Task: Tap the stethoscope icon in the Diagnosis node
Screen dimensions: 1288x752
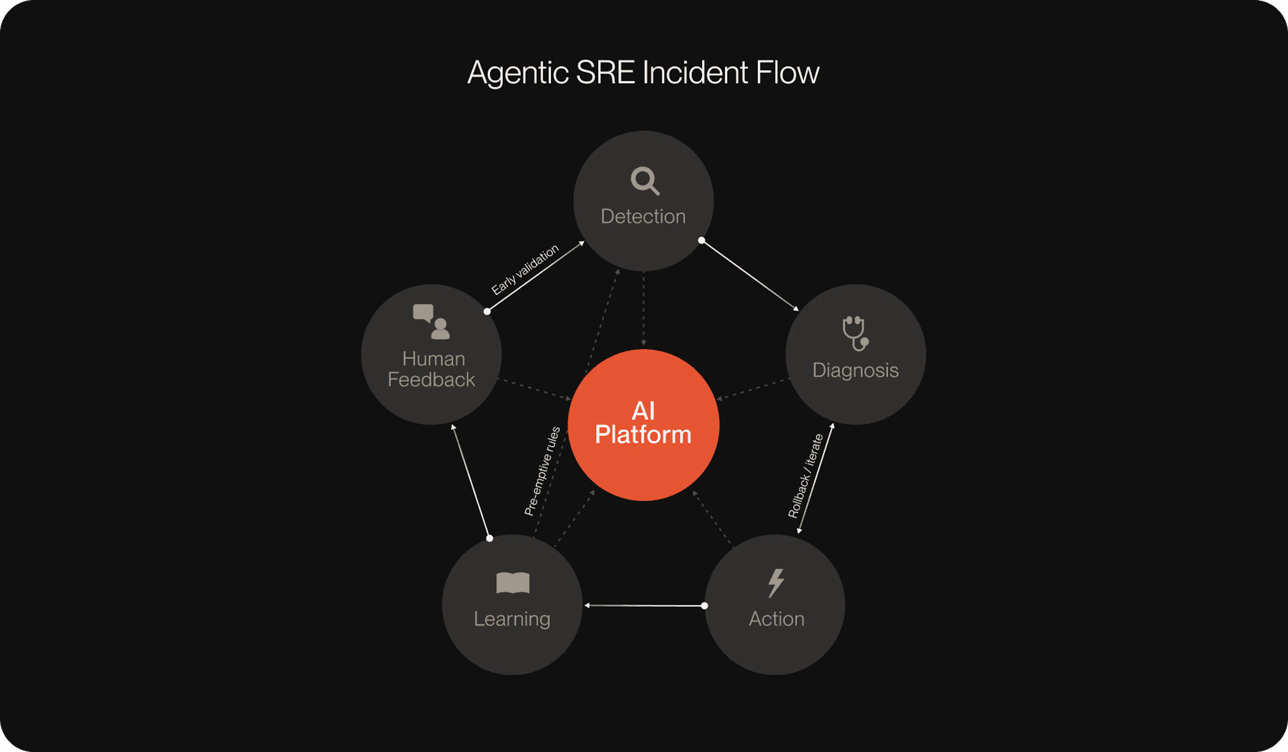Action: pyautogui.click(x=856, y=333)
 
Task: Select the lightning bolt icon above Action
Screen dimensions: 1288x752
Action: pyautogui.click(x=776, y=583)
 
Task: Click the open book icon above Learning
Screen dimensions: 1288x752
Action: pyautogui.click(x=513, y=583)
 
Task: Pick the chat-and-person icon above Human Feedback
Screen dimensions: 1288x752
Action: pyautogui.click(x=431, y=322)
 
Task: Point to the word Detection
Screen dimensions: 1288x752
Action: pyautogui.click(x=643, y=216)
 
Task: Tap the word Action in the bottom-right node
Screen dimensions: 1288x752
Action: pyautogui.click(x=776, y=619)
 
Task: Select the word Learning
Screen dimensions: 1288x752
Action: pyautogui.click(x=512, y=620)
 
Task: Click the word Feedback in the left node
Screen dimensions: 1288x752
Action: pyautogui.click(x=431, y=380)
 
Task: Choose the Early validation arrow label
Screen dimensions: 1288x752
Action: pyautogui.click(x=525, y=269)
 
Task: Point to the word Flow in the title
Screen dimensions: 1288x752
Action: pyautogui.click(x=788, y=72)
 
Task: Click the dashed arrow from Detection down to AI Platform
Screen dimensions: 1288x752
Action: pyautogui.click(x=643, y=309)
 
